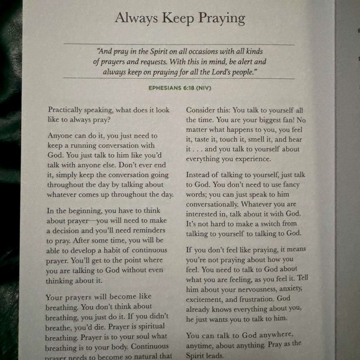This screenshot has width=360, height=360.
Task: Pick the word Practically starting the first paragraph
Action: (70, 110)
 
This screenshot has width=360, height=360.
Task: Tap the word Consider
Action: (202, 110)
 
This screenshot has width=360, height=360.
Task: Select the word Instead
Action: (200, 176)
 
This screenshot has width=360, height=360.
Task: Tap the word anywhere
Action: (279, 336)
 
